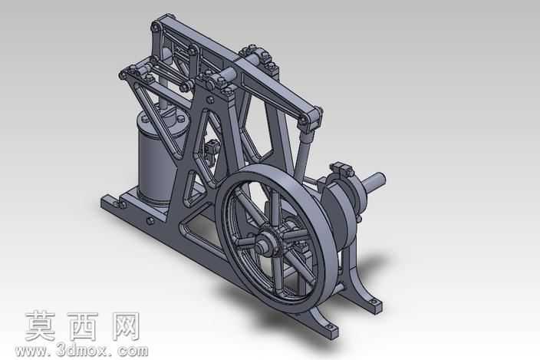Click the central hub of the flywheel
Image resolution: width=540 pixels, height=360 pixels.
click(267, 243)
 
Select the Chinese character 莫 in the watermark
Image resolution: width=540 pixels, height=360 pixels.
click(41, 326)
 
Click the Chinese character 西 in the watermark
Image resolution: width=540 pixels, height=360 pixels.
click(83, 326)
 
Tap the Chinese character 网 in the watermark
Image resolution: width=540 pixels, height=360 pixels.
click(126, 326)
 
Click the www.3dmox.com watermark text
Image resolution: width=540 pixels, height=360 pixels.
click(81, 351)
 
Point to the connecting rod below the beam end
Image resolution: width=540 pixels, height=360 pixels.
click(302, 155)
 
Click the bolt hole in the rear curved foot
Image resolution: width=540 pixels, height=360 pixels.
click(374, 302)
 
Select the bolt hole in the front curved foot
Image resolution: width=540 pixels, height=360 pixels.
click(329, 326)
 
